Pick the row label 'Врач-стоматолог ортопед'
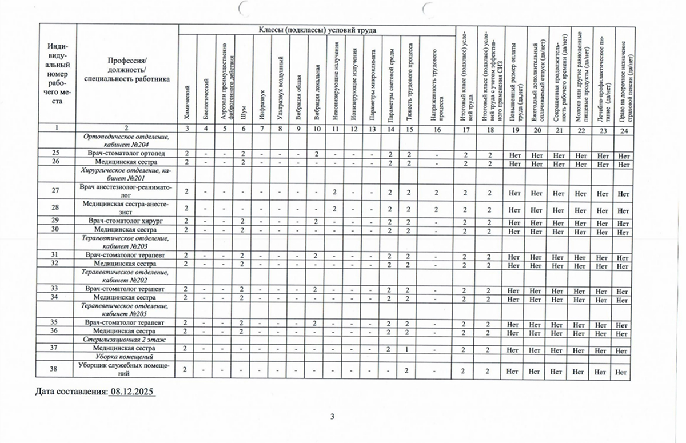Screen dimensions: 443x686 (x=126, y=154)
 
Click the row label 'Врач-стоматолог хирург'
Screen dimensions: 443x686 (x=126, y=221)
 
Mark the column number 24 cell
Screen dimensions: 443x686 (x=622, y=129)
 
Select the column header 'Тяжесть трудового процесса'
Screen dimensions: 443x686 (x=409, y=86)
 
